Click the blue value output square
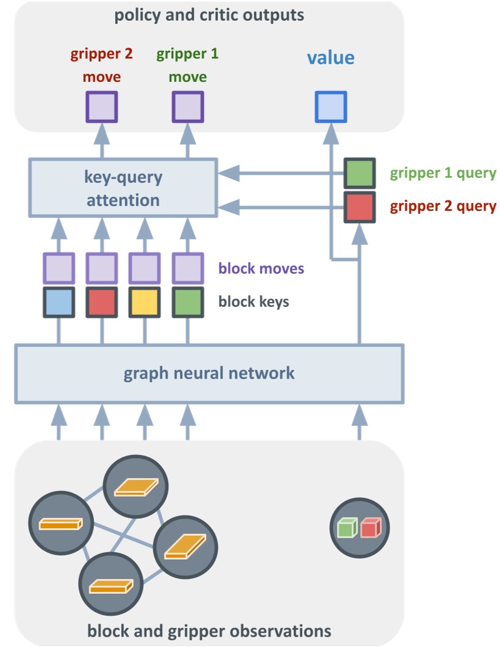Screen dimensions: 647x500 click(x=331, y=107)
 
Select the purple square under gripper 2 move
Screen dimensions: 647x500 click(x=101, y=107)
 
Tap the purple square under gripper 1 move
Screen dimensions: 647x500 click(x=187, y=107)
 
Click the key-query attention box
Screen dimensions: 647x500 click(x=123, y=188)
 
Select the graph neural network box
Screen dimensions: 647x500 click(x=209, y=373)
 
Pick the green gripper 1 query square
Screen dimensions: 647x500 click(x=359, y=173)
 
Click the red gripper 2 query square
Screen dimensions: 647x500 click(x=359, y=206)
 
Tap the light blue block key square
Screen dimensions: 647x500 click(x=59, y=302)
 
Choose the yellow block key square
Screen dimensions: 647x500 click(x=144, y=302)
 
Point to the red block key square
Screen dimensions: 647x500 click(x=101, y=302)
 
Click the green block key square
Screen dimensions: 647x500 click(x=187, y=302)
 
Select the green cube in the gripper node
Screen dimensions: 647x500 click(x=347, y=528)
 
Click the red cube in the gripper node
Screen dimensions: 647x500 click(x=370, y=528)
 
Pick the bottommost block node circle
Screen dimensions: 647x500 click(x=110, y=586)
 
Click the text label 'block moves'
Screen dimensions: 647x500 click(x=261, y=268)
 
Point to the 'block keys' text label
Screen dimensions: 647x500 click(x=254, y=301)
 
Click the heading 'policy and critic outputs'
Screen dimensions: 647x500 click(x=209, y=15)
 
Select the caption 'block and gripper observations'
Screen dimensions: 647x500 click(x=209, y=630)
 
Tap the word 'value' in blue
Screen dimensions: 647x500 click(x=331, y=58)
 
